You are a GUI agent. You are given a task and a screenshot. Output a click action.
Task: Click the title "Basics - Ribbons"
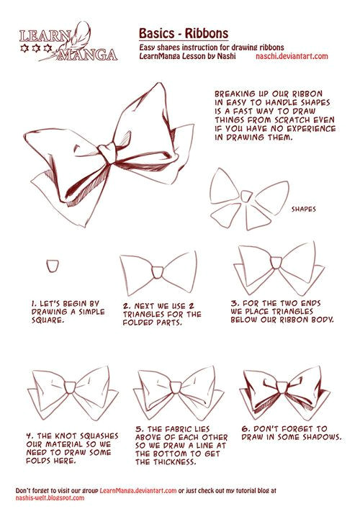(184, 33)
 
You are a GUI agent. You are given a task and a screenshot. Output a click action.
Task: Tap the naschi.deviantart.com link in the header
(292, 56)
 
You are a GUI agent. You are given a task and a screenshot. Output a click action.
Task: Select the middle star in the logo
(36, 48)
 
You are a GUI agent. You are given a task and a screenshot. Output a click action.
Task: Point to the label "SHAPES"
(304, 210)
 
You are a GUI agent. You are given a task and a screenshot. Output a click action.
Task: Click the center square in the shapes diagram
(246, 196)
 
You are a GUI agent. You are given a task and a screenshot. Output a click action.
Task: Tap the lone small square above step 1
(53, 266)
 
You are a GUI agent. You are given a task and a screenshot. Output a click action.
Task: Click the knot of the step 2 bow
(158, 272)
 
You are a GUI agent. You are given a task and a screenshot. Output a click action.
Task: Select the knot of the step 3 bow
(276, 263)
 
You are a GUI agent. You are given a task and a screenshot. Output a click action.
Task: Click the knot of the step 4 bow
(70, 387)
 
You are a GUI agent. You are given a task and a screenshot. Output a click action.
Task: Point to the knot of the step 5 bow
(175, 387)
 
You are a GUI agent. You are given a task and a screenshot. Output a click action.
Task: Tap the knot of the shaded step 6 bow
(282, 387)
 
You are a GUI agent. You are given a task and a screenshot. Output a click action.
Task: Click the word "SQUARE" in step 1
(46, 320)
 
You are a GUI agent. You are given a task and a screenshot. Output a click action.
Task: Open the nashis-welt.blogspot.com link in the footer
(50, 497)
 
